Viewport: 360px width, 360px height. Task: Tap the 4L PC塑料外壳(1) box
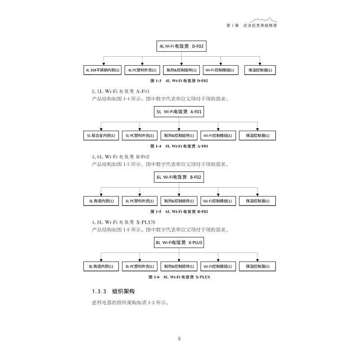(142, 70)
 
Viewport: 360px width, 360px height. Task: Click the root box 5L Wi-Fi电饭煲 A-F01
(179, 112)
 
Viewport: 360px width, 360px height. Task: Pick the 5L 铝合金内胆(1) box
(101, 135)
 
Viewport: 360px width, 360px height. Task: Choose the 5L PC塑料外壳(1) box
(140, 135)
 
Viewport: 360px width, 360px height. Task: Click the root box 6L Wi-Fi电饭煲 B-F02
(179, 177)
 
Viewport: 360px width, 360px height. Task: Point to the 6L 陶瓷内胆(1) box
(101, 201)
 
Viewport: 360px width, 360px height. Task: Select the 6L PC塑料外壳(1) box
(140, 201)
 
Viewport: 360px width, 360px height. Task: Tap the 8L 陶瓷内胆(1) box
(101, 266)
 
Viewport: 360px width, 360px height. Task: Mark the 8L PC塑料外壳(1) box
(140, 266)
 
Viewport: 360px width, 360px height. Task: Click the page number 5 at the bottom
(180, 339)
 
